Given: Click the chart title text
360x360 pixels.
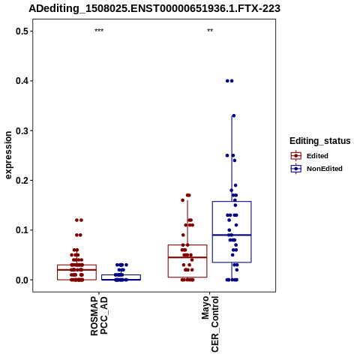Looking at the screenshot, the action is tap(154, 8).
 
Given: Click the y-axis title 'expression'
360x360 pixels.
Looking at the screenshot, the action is tap(8, 155).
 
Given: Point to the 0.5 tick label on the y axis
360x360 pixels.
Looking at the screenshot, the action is tap(22, 31).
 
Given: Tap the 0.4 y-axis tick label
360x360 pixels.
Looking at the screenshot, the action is tap(22, 81).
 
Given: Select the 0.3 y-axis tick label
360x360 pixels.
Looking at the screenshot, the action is tap(22, 130).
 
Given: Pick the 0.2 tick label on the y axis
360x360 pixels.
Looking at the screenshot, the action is tap(22, 180).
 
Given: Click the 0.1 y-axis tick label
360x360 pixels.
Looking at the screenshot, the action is tap(22, 230).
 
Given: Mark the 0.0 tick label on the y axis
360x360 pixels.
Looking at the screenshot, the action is tap(22, 280).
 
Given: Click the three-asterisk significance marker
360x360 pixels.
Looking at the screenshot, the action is tap(99, 31).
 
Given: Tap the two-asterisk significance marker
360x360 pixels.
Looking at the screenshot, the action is tap(210, 31).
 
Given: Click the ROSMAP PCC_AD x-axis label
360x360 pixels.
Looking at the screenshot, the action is tap(99, 316).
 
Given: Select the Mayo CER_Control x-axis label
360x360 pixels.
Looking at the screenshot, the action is tap(210, 324).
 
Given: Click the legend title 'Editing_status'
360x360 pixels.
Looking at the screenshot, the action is tap(320, 141).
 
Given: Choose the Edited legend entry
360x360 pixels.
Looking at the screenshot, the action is tap(310, 156).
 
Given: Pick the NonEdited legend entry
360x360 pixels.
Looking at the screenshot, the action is tap(316, 169).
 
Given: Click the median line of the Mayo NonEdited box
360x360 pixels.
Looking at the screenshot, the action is tap(232, 235).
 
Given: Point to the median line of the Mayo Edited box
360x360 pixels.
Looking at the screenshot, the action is tap(187, 257).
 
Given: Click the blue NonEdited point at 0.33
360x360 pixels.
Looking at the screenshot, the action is tap(234, 115).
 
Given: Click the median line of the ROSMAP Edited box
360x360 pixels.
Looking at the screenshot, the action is tap(76, 270).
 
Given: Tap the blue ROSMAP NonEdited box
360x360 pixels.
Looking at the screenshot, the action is tap(121, 275).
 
